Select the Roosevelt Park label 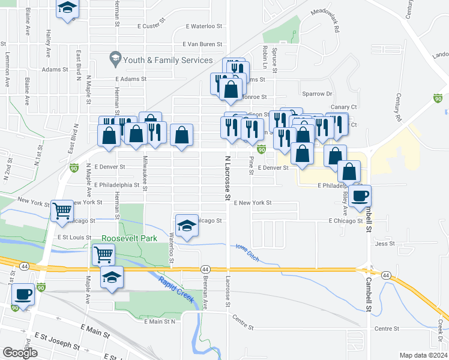pos(129,238)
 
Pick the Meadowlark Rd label pos(325,20)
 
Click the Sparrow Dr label pos(318,94)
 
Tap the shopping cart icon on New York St pos(62,211)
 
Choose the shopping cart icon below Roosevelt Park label pos(104,256)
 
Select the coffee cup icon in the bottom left pos(24,295)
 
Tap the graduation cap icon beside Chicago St pos(187,226)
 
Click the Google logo pos(20,353)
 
